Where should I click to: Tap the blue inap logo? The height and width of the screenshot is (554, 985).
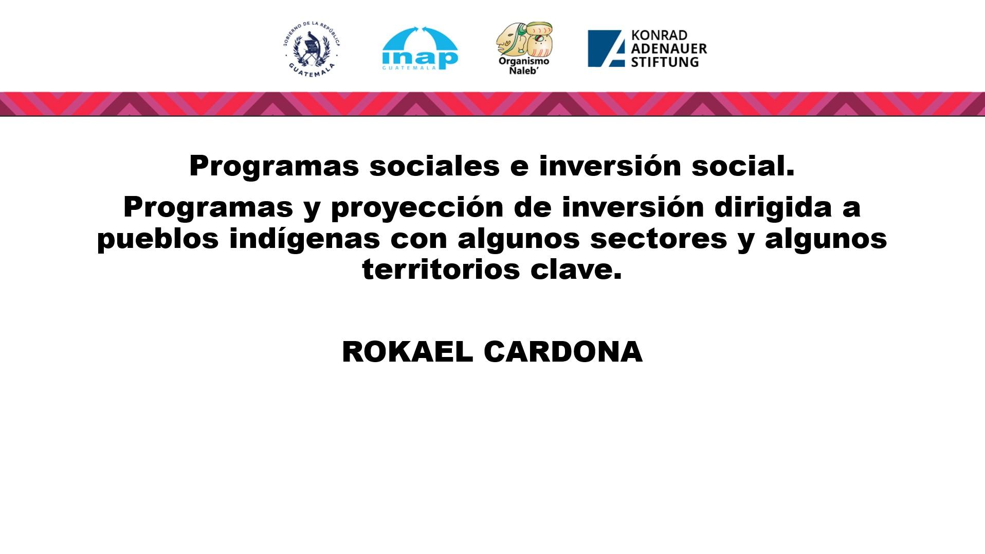pos(420,48)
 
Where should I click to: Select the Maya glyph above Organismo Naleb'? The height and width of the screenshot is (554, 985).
pos(524,39)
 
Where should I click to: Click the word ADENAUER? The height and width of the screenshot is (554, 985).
pos(669,49)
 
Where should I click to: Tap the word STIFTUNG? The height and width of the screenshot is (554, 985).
pos(665,62)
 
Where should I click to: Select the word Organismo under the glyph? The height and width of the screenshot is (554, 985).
pos(524,62)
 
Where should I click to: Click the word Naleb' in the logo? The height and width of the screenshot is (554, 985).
pos(524,70)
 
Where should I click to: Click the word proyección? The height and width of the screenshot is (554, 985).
pos(417,208)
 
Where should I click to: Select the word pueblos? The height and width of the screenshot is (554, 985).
pos(158,238)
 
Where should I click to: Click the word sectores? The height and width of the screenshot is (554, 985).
pos(659,239)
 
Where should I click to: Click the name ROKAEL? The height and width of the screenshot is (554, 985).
pos(407,352)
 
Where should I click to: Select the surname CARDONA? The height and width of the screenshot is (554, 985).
pos(563,352)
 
